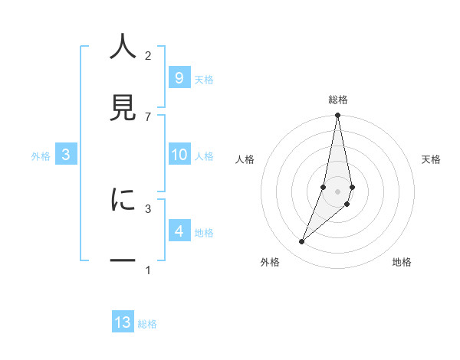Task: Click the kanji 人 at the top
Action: pyautogui.click(x=123, y=47)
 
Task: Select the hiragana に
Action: pyautogui.click(x=123, y=199)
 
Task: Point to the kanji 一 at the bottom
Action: pyautogui.click(x=123, y=260)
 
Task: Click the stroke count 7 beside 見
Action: pyautogui.click(x=148, y=116)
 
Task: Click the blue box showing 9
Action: pyautogui.click(x=179, y=78)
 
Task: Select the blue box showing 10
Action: pyautogui.click(x=179, y=155)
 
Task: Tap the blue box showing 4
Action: pyautogui.click(x=179, y=231)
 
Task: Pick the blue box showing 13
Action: pyautogui.click(x=123, y=322)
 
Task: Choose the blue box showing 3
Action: pyautogui.click(x=66, y=155)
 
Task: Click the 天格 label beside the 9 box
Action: pyautogui.click(x=204, y=80)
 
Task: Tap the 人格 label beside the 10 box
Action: pyautogui.click(x=204, y=156)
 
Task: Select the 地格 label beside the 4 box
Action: pyautogui.click(x=204, y=233)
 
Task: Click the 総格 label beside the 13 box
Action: pyautogui.click(x=147, y=324)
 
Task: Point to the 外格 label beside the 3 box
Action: pyautogui.click(x=41, y=156)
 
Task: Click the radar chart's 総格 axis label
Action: pyautogui.click(x=338, y=100)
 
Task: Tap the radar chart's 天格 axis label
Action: pyautogui.click(x=432, y=159)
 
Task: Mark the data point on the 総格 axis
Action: pyautogui.click(x=337, y=116)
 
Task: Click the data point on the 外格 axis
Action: pyautogui.click(x=301, y=242)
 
